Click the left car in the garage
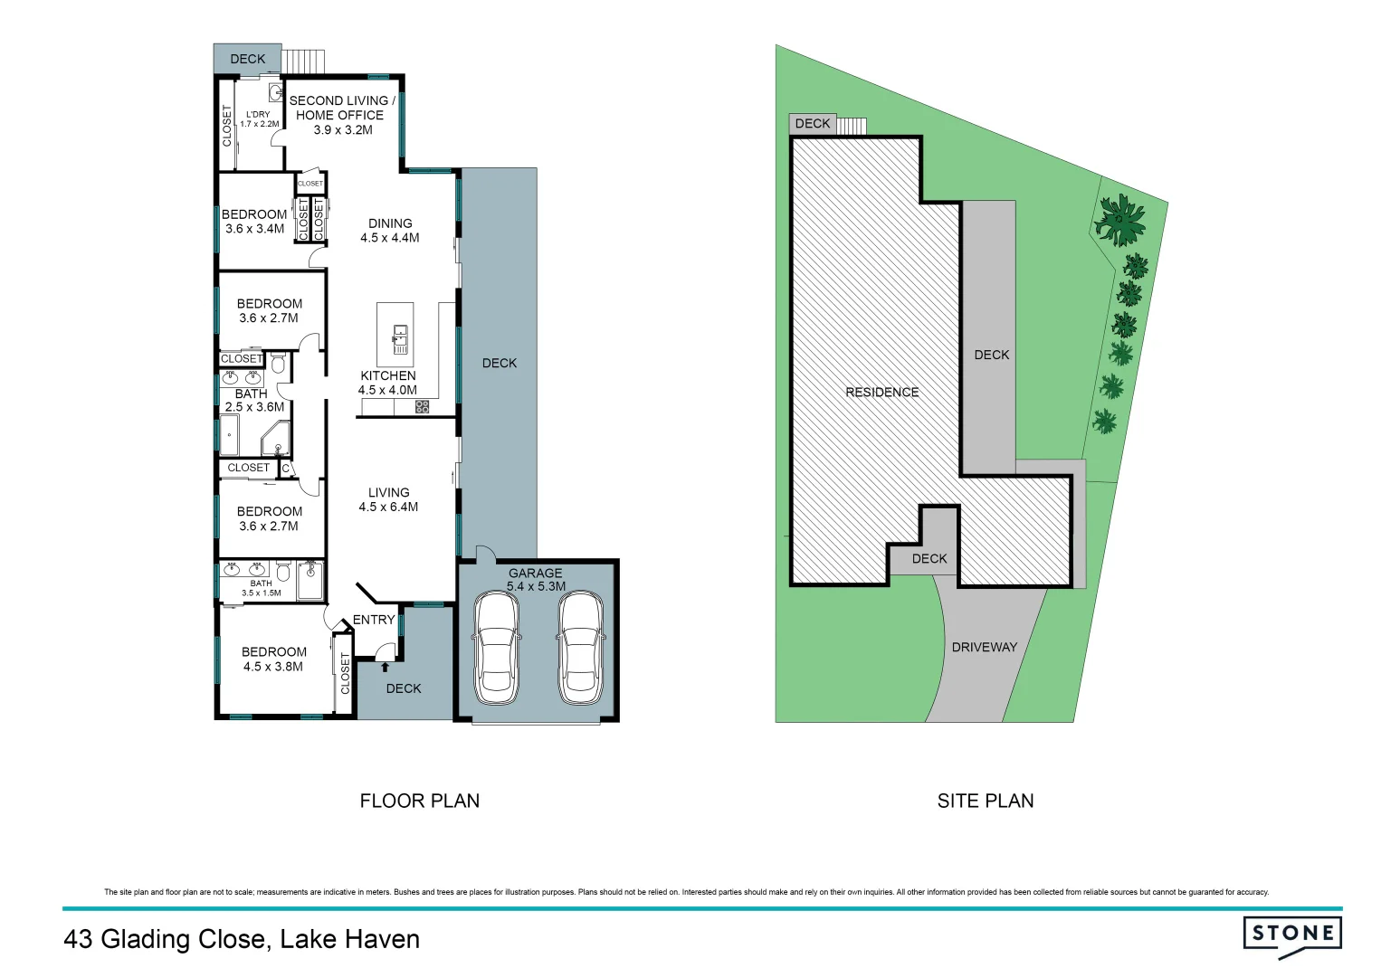(496, 648)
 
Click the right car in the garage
(579, 648)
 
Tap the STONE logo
(1291, 934)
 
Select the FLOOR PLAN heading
(419, 801)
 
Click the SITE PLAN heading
(985, 801)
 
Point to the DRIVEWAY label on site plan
(984, 647)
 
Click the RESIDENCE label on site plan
(881, 392)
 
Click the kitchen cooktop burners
(422, 407)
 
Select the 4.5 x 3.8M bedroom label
(273, 659)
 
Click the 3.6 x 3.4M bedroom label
(254, 222)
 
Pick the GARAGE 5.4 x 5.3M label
(536, 579)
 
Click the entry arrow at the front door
(386, 668)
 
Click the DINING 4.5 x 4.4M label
(390, 231)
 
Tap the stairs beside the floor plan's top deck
(302, 61)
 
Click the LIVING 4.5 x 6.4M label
(388, 499)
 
